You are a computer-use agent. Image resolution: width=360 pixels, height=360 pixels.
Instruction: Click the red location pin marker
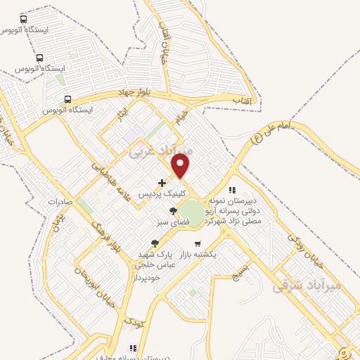[181, 166]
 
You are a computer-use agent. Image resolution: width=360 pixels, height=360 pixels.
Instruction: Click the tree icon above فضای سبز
[173, 211]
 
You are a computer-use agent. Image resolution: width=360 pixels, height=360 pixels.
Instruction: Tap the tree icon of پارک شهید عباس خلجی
[155, 243]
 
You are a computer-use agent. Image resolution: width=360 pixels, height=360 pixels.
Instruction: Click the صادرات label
[62, 202]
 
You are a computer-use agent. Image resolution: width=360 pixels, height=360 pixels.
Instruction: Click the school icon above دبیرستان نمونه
[232, 190]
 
